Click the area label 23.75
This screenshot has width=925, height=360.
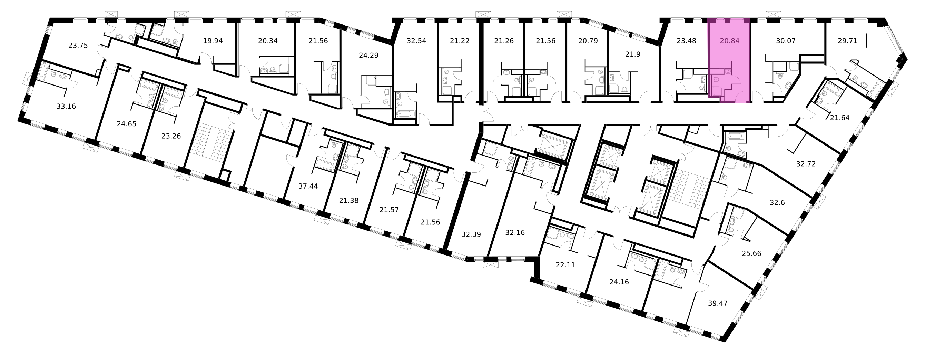point(78,46)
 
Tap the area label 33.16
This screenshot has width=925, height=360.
point(66,106)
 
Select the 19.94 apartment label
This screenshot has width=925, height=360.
point(213,41)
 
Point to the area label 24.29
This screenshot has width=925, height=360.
point(368,56)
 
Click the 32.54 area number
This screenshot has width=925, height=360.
point(416,41)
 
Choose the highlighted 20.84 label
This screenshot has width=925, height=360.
point(730,41)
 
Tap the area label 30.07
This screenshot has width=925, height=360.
point(786,41)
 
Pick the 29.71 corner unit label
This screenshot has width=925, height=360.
point(847,41)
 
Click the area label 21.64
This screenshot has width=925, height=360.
point(839,118)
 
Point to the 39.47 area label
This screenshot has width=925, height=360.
point(717,303)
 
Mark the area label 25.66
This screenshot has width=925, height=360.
point(751,253)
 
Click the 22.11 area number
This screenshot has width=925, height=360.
point(565,265)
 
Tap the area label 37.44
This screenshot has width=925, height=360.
point(308,186)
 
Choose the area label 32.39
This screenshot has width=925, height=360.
point(471,234)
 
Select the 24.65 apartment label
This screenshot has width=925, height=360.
point(126,124)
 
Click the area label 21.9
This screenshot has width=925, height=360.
point(633,54)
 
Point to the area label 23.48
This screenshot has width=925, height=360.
point(686,41)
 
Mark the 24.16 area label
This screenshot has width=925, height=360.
point(619,282)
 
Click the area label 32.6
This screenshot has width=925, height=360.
point(777,203)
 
